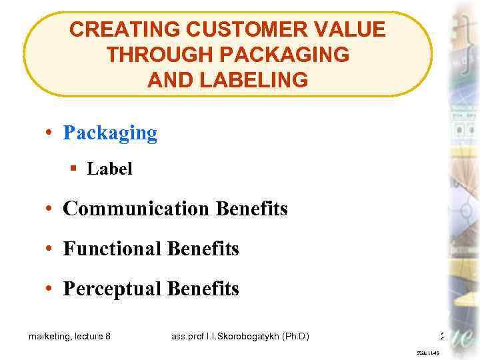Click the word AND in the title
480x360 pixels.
click(171, 81)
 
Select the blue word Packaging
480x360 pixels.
click(110, 133)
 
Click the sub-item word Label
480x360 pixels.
click(110, 169)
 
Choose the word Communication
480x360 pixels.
click(136, 209)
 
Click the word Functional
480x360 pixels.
click(113, 249)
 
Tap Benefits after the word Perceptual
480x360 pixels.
click(203, 289)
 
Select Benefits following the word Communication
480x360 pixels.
click(252, 209)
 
